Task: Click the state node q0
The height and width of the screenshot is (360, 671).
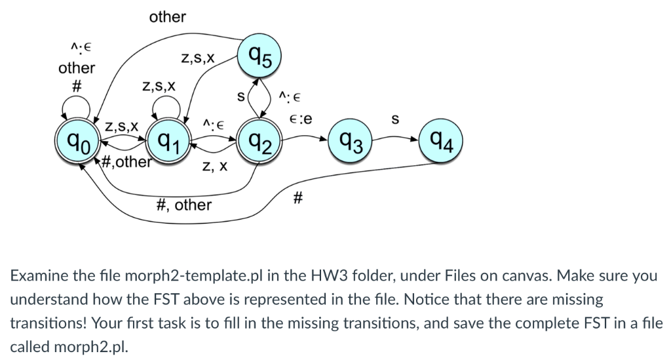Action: tap(77, 141)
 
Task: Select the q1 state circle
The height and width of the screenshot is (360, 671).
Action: tap(168, 141)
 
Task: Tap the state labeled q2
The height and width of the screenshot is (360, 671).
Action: tap(260, 141)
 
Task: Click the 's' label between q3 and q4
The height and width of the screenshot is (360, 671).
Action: tap(394, 120)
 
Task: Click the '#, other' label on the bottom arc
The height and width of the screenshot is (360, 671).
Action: tap(185, 205)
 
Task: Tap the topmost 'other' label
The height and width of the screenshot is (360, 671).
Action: tap(167, 17)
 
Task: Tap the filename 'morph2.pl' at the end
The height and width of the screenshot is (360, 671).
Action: tap(86, 346)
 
